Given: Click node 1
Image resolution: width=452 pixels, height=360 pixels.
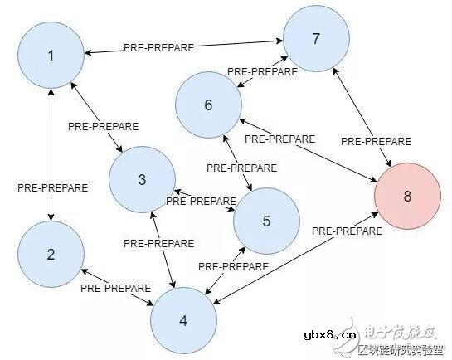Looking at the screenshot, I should [51, 56].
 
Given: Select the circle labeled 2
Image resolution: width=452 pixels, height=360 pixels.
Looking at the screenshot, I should [51, 255].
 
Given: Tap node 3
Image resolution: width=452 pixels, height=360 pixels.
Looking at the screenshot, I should [142, 179].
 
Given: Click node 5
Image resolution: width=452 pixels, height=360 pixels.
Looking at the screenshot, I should [266, 221].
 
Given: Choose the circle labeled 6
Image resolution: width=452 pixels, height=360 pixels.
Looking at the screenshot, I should [208, 105].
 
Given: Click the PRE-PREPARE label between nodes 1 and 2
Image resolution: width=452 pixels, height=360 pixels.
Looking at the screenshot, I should [52, 187].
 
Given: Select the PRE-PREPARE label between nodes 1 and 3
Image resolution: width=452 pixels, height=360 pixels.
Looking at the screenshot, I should [103, 126].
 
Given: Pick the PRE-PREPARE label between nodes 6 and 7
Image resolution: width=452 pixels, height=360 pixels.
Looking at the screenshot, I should [261, 73].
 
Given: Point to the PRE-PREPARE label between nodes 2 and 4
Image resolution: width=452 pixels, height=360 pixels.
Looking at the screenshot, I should [116, 289].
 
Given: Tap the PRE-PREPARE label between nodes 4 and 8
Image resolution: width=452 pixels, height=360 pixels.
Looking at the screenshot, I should [348, 231].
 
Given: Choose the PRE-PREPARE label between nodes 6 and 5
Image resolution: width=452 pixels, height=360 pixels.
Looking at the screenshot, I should [241, 167].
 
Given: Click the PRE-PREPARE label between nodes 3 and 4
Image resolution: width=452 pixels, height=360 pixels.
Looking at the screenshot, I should [158, 243].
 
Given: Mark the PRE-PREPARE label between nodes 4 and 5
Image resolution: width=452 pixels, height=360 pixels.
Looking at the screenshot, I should [233, 267].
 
